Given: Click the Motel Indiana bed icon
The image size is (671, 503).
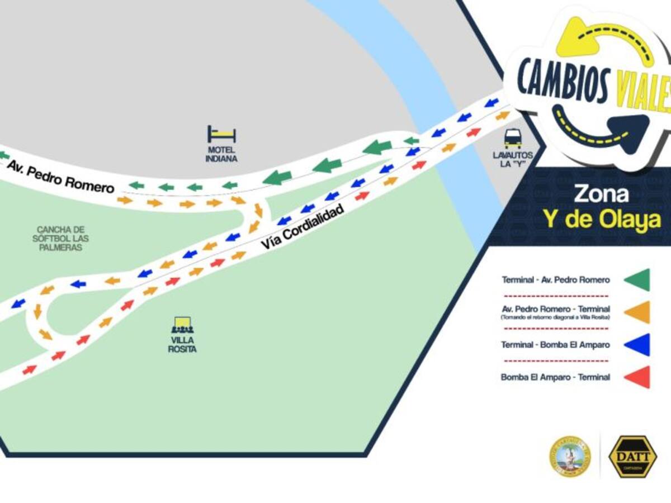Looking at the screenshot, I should click(221, 134).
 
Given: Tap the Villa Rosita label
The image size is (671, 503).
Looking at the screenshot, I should click(182, 345).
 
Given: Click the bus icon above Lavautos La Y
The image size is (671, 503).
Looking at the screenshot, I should click(512, 137).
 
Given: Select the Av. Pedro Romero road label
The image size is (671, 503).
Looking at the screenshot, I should click(60, 175).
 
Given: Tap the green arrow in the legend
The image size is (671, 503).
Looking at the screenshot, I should click(637, 280).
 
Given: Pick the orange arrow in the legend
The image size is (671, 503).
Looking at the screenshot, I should click(637, 312).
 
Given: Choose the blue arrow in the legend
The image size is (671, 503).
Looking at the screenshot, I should click(637, 345).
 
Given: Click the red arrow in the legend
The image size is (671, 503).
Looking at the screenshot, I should click(637, 377).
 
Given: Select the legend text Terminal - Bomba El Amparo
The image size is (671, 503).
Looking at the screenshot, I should click(555, 345).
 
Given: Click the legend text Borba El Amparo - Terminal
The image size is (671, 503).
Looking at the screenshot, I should click(555, 377).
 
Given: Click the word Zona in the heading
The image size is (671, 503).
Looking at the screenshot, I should click(601, 194).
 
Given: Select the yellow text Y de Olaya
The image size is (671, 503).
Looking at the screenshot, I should click(602, 221).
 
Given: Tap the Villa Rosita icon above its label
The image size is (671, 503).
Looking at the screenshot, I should click(182, 325).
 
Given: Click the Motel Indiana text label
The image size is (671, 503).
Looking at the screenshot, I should click(221, 154).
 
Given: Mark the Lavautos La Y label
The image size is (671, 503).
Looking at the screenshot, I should click(513, 159).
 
